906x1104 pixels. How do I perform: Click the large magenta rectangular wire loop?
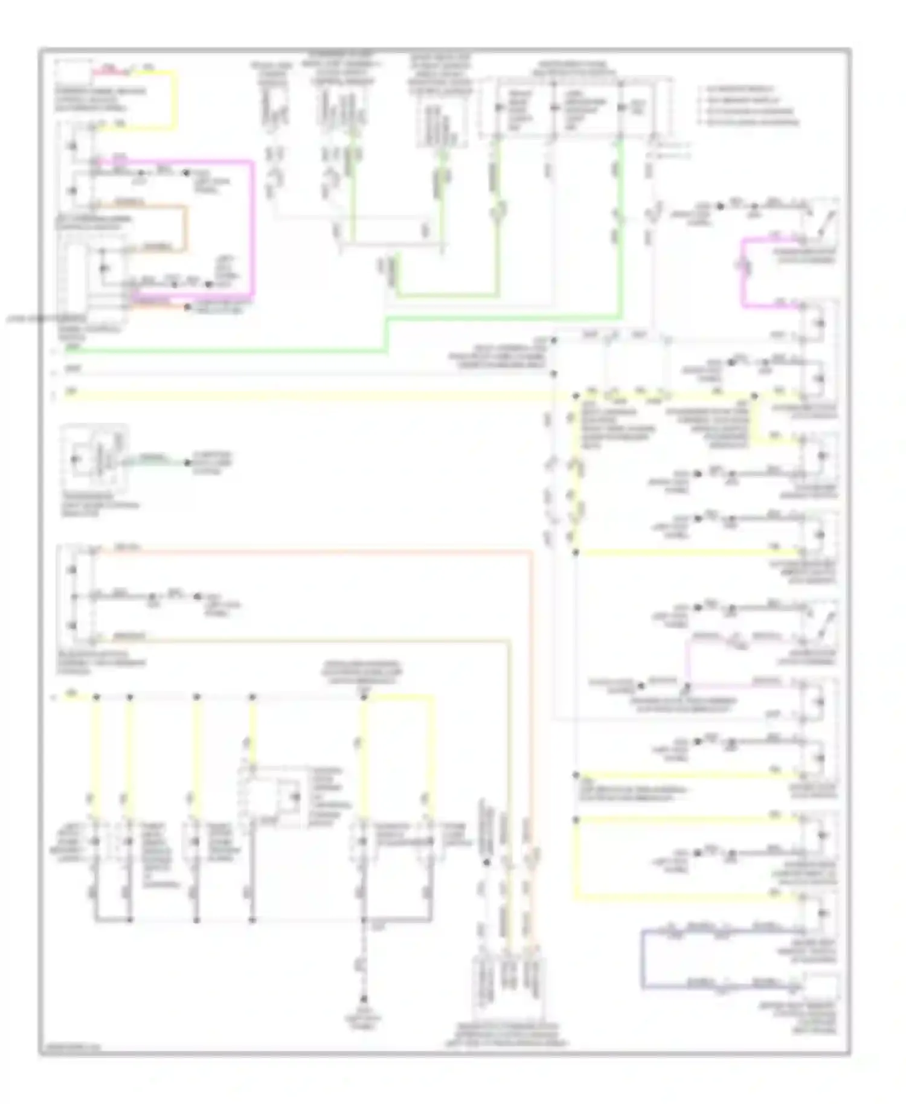(x=252, y=229)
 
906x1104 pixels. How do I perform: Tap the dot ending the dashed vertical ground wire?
(x=364, y=1000)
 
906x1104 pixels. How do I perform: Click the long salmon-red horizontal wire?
(x=314, y=550)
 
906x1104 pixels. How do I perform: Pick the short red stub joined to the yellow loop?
(x=109, y=72)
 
